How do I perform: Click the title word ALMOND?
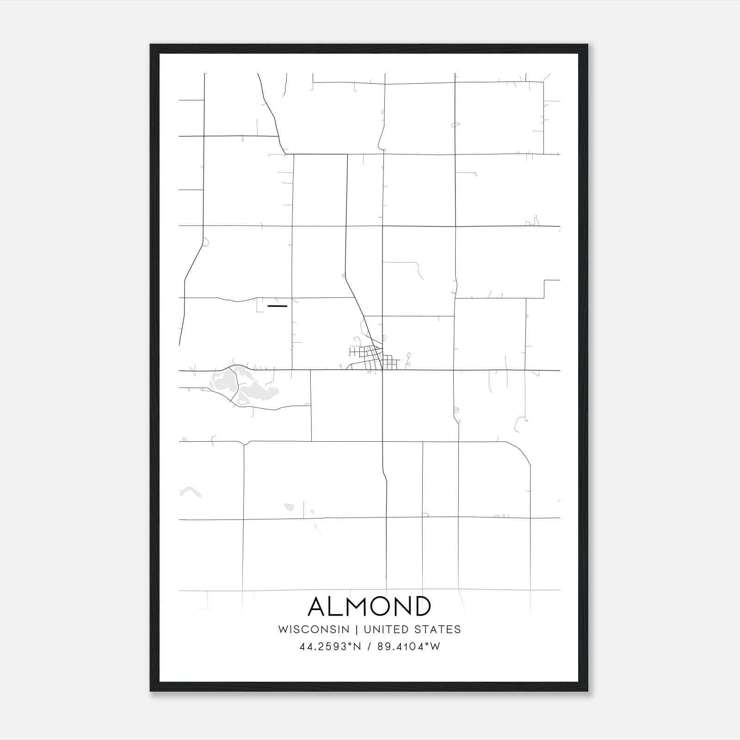(370, 606)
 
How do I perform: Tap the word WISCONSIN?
(314, 629)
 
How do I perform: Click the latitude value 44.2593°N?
(330, 647)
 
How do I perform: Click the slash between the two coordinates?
(369, 647)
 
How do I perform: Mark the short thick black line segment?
(277, 306)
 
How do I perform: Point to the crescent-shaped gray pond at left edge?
(190, 492)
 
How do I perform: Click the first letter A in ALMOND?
(318, 606)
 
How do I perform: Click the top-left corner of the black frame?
(151, 45)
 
